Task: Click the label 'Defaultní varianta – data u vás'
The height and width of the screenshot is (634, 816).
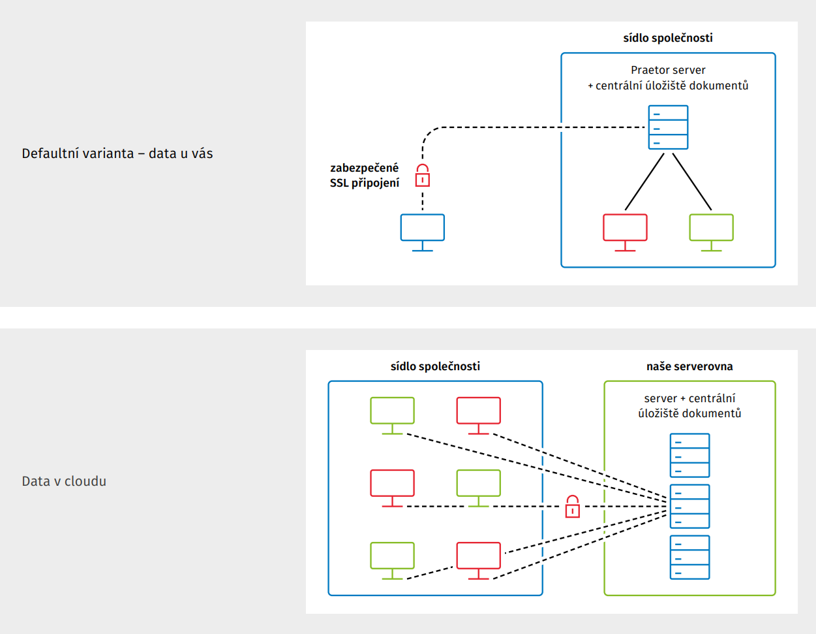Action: (117, 153)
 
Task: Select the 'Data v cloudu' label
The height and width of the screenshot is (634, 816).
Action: (64, 481)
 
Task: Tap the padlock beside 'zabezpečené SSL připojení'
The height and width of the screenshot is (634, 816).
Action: (423, 176)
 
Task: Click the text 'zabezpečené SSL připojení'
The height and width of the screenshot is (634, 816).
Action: (364, 176)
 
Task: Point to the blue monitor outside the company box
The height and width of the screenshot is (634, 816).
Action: (422, 228)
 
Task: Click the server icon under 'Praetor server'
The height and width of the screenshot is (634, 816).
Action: (668, 127)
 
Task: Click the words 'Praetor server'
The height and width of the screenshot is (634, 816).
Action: (668, 70)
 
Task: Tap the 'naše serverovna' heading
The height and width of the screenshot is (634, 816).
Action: (689, 366)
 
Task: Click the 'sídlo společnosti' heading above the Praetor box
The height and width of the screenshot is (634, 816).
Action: (668, 38)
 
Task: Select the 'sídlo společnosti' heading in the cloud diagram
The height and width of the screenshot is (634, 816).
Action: (435, 366)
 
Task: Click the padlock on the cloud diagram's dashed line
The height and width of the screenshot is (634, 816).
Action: (572, 507)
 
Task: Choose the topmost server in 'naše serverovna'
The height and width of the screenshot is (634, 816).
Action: (689, 456)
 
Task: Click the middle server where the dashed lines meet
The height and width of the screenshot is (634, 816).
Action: (689, 507)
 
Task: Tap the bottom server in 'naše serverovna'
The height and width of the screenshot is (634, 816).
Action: (689, 558)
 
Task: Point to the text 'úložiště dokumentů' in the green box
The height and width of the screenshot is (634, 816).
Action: (689, 413)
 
